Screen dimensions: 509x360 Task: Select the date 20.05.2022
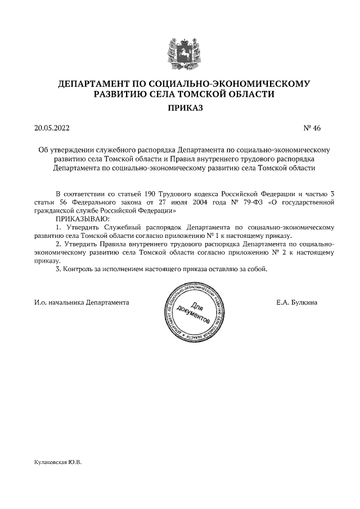point(52,128)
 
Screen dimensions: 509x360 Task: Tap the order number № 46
point(312,128)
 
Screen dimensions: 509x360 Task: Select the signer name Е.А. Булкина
point(296,302)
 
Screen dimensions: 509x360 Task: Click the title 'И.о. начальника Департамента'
point(82,302)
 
